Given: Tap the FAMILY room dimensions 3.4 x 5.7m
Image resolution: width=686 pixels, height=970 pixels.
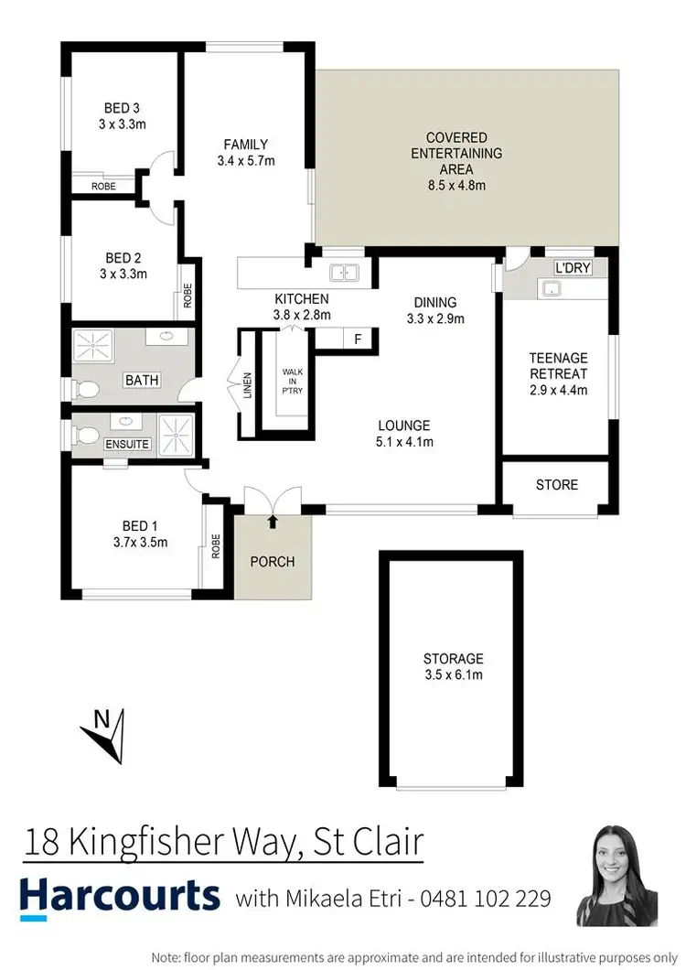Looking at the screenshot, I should (x=246, y=161).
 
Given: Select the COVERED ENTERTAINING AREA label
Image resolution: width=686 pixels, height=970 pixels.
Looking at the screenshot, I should (x=456, y=154).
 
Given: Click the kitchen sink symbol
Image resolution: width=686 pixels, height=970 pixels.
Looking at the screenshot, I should (x=345, y=271).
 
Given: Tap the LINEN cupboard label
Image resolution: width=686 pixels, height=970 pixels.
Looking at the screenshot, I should (x=248, y=385).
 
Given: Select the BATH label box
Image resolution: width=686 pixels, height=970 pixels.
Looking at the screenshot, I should (x=142, y=380).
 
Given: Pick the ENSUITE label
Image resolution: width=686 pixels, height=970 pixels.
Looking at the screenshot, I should (x=126, y=445).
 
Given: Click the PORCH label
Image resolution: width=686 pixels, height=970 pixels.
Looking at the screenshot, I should (x=273, y=561).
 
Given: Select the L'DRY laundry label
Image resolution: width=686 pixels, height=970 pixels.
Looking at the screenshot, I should (x=573, y=267).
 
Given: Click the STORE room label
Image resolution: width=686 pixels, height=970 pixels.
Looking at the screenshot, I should (x=556, y=485).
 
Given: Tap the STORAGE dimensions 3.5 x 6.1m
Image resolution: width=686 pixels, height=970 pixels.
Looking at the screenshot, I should (x=453, y=675).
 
